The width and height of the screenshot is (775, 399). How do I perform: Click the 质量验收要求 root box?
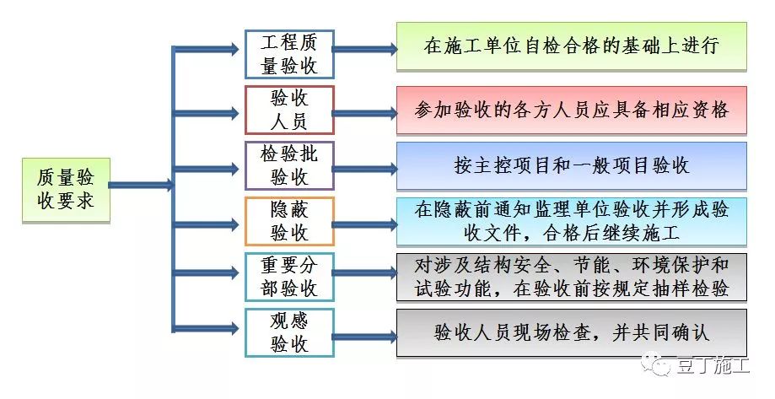point(66,191)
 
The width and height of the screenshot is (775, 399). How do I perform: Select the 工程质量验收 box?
point(289,54)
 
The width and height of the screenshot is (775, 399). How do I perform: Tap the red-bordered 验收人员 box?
point(289,110)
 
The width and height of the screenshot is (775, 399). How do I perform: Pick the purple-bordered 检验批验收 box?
point(289,165)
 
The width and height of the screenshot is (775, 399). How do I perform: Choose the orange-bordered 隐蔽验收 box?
point(289,221)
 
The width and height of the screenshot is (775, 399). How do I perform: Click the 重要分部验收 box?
point(289,277)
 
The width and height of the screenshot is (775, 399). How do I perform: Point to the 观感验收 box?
point(289,332)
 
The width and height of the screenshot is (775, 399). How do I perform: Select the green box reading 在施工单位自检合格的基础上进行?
point(572,46)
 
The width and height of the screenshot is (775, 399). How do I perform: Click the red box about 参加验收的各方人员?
point(572,110)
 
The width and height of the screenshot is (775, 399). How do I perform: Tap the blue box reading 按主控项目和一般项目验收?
point(572,165)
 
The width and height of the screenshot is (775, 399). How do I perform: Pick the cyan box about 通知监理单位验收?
point(572,221)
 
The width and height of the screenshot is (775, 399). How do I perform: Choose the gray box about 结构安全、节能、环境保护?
point(572,277)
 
